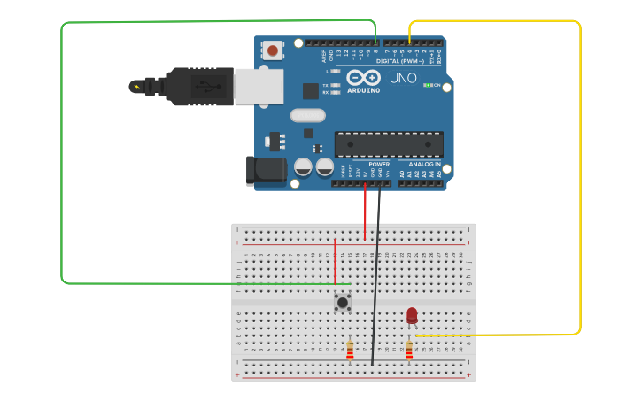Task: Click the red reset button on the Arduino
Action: click(273, 50)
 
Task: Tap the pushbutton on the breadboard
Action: click(342, 303)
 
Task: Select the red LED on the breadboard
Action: click(412, 315)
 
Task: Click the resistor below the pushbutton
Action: click(350, 351)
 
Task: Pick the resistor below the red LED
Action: click(409, 350)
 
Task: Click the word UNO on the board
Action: click(403, 78)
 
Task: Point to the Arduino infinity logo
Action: click(363, 77)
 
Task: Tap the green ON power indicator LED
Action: click(428, 85)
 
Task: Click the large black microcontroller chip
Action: click(389, 144)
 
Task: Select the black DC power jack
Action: click(265, 170)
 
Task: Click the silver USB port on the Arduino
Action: click(259, 86)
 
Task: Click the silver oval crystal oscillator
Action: click(307, 115)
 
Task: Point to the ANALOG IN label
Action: click(424, 164)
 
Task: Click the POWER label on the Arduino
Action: click(379, 164)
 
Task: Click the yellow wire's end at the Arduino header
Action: click(409, 42)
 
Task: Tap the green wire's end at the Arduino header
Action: click(375, 42)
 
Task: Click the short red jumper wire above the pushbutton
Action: click(335, 261)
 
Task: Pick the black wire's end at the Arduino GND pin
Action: click(380, 185)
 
